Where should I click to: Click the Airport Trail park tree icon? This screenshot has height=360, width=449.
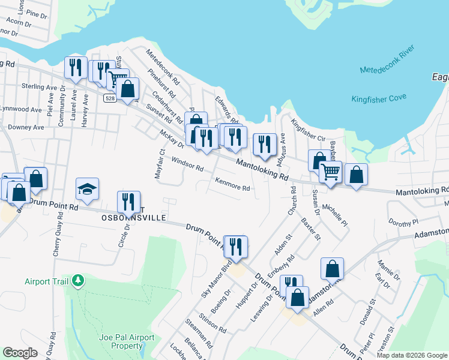click(x=77, y=280)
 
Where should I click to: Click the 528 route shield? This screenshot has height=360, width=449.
click(x=109, y=98)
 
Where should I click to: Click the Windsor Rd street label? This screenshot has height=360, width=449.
click(x=187, y=164)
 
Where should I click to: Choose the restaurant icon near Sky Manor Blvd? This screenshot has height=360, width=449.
click(x=235, y=246)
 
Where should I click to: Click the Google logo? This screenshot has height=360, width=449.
click(x=20, y=353)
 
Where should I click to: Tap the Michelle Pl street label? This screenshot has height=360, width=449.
click(x=335, y=215)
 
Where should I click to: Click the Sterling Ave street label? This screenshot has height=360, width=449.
click(x=37, y=87)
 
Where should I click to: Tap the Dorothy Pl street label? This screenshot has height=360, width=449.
click(x=403, y=222)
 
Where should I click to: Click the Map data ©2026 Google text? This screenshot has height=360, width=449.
click(x=411, y=355)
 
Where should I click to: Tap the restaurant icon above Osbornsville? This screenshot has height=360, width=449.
click(x=128, y=201)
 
